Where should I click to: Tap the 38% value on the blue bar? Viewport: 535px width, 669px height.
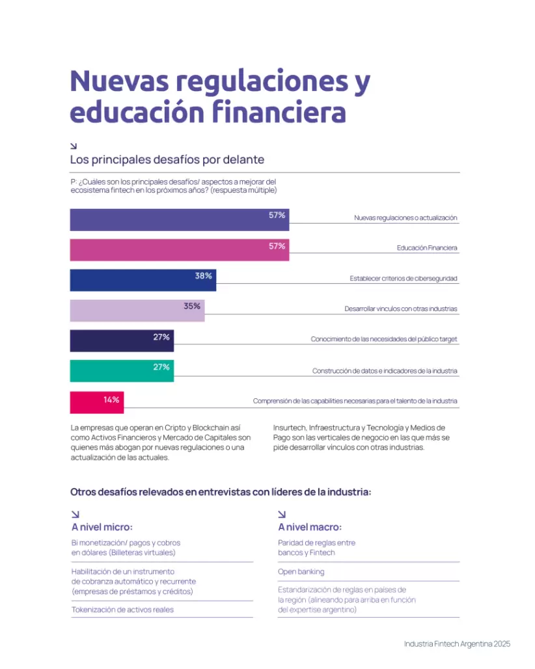(203, 276)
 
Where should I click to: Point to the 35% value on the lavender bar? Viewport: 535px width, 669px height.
(191, 307)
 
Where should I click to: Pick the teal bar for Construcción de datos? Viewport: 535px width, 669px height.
(122, 371)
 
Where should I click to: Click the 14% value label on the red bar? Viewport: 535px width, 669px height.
(111, 400)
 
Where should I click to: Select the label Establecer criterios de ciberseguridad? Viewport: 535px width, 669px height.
(404, 279)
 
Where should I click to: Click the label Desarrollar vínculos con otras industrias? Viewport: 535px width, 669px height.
(401, 309)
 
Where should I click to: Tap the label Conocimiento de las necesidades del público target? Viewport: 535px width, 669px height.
(384, 339)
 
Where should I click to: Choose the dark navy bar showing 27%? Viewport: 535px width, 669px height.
(122, 340)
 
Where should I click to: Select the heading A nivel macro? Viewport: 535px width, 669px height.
(309, 527)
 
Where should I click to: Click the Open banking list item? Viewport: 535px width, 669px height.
(301, 571)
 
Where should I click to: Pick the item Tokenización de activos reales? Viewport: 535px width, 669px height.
(122, 610)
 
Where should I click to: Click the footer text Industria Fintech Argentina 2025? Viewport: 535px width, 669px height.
(457, 644)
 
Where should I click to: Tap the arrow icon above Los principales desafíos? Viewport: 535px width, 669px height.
(74, 146)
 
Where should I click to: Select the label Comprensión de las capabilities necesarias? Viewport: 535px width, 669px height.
(355, 401)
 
